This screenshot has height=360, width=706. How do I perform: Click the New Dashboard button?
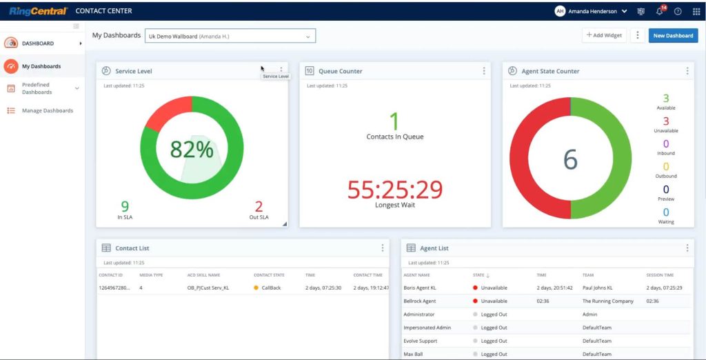(673, 36)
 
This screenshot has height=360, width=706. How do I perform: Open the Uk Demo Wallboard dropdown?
(230, 36)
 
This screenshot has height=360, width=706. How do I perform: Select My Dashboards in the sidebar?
(41, 66)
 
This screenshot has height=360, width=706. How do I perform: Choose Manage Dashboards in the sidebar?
(47, 110)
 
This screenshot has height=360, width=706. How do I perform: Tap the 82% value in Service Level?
(192, 150)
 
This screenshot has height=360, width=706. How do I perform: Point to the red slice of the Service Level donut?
(166, 114)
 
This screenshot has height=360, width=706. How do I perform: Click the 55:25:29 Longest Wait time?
(394, 190)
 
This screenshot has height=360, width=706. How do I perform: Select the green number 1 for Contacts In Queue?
(394, 122)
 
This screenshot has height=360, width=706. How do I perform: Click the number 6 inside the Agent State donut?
(570, 159)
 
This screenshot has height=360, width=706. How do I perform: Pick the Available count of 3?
(665, 99)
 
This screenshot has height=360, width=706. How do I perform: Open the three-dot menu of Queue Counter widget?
(484, 71)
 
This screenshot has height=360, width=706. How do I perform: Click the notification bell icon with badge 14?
(659, 11)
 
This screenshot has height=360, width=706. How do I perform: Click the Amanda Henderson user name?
(593, 11)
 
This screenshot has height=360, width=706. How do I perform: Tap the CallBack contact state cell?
(271, 288)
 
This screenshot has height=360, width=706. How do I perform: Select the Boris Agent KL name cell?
(420, 288)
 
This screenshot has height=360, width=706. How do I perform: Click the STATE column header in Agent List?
(479, 275)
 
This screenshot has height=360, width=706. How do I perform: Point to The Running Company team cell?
(607, 301)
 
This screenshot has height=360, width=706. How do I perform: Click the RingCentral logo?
(38, 11)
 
